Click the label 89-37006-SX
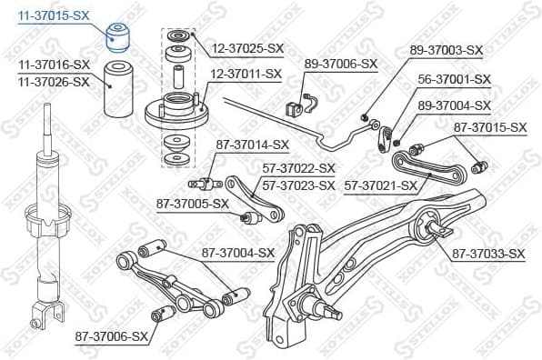pos(340,64)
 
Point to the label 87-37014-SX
pos(252,144)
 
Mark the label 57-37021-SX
pos(381,185)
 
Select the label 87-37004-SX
pos(237,253)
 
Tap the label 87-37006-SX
pos(112,336)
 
